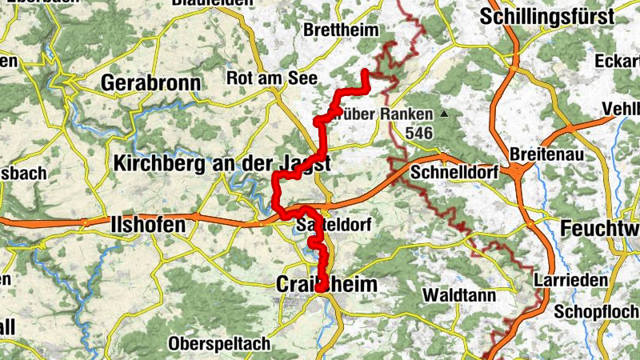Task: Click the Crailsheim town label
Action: [326, 284]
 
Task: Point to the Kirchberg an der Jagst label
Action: [222, 163]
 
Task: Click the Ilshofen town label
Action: [150, 226]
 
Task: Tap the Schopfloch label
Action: [598, 311]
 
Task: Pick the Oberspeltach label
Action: [220, 343]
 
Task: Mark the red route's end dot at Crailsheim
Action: [322, 286]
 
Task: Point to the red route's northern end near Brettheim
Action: [366, 72]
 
